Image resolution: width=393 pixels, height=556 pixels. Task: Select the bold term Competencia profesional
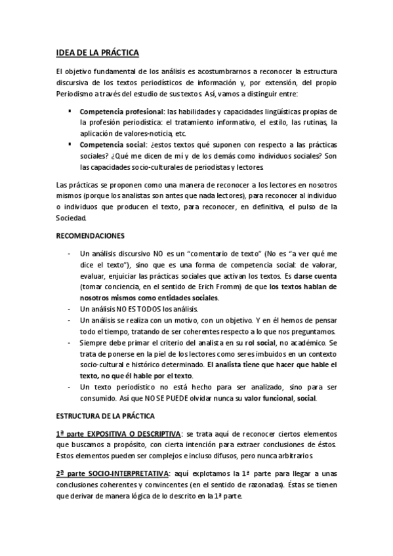tap(120, 111)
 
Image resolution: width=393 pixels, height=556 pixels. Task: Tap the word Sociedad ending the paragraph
tap(76, 218)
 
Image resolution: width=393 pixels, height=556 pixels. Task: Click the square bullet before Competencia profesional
tap(70, 111)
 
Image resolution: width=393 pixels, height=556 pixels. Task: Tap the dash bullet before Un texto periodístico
tap(70, 387)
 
